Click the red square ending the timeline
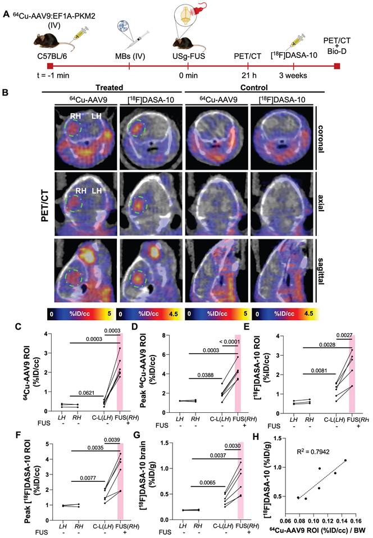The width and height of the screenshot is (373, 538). (x=336, y=66)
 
